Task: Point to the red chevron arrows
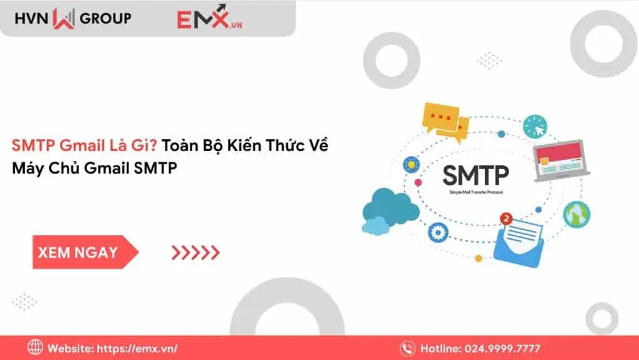(x=195, y=252)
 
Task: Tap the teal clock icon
(x=534, y=126)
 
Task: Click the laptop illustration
(x=557, y=161)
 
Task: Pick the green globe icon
(x=576, y=213)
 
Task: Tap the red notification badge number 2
(x=506, y=219)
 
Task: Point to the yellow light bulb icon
(x=410, y=164)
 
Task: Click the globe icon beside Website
(x=36, y=348)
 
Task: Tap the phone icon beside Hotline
(x=408, y=348)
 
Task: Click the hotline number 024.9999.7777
(x=507, y=348)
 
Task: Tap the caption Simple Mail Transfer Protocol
(x=476, y=193)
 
